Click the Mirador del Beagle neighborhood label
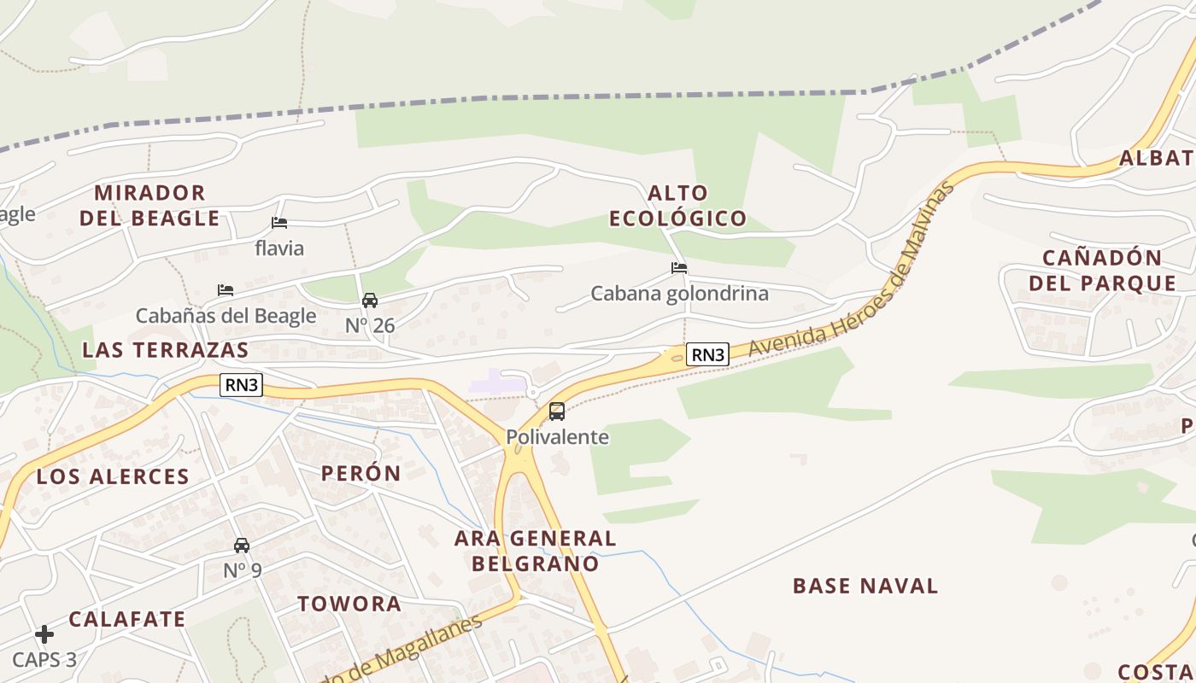(x=149, y=205)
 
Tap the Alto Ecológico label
(x=677, y=205)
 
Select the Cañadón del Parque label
(x=1102, y=270)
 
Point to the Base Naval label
(x=865, y=586)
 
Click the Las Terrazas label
(x=166, y=349)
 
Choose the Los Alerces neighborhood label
(x=113, y=476)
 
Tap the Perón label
(x=361, y=473)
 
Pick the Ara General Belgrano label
(x=536, y=551)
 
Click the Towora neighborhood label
(x=349, y=604)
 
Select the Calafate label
(x=127, y=619)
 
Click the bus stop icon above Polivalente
(x=557, y=412)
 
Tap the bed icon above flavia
(x=279, y=223)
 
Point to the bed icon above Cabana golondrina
(x=679, y=268)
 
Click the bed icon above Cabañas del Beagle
(x=226, y=290)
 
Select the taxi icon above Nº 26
(x=370, y=301)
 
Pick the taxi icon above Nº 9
(x=242, y=545)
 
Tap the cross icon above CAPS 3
(x=44, y=634)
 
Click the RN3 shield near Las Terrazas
(x=241, y=385)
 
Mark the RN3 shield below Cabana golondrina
(x=707, y=354)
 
